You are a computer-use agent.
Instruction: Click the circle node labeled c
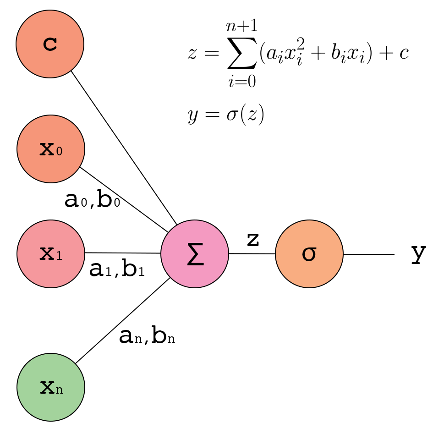(50, 44)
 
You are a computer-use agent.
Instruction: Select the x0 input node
(51, 149)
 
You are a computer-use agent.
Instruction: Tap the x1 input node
(51, 254)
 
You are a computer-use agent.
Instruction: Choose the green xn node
(51, 387)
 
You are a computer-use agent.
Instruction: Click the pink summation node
(195, 254)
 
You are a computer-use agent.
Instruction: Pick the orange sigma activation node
(309, 254)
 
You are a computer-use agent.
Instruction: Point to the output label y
(418, 253)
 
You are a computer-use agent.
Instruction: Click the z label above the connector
(253, 239)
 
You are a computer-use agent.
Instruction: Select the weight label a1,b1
(117, 270)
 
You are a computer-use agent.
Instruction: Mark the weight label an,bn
(147, 337)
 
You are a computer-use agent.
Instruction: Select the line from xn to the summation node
(123, 321)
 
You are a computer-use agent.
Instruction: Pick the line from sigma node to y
(369, 254)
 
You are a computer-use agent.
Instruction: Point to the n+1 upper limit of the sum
(241, 26)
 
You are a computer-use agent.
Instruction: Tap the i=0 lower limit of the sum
(241, 81)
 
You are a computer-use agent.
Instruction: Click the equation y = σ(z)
(226, 115)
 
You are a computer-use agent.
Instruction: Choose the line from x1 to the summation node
(123, 253)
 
